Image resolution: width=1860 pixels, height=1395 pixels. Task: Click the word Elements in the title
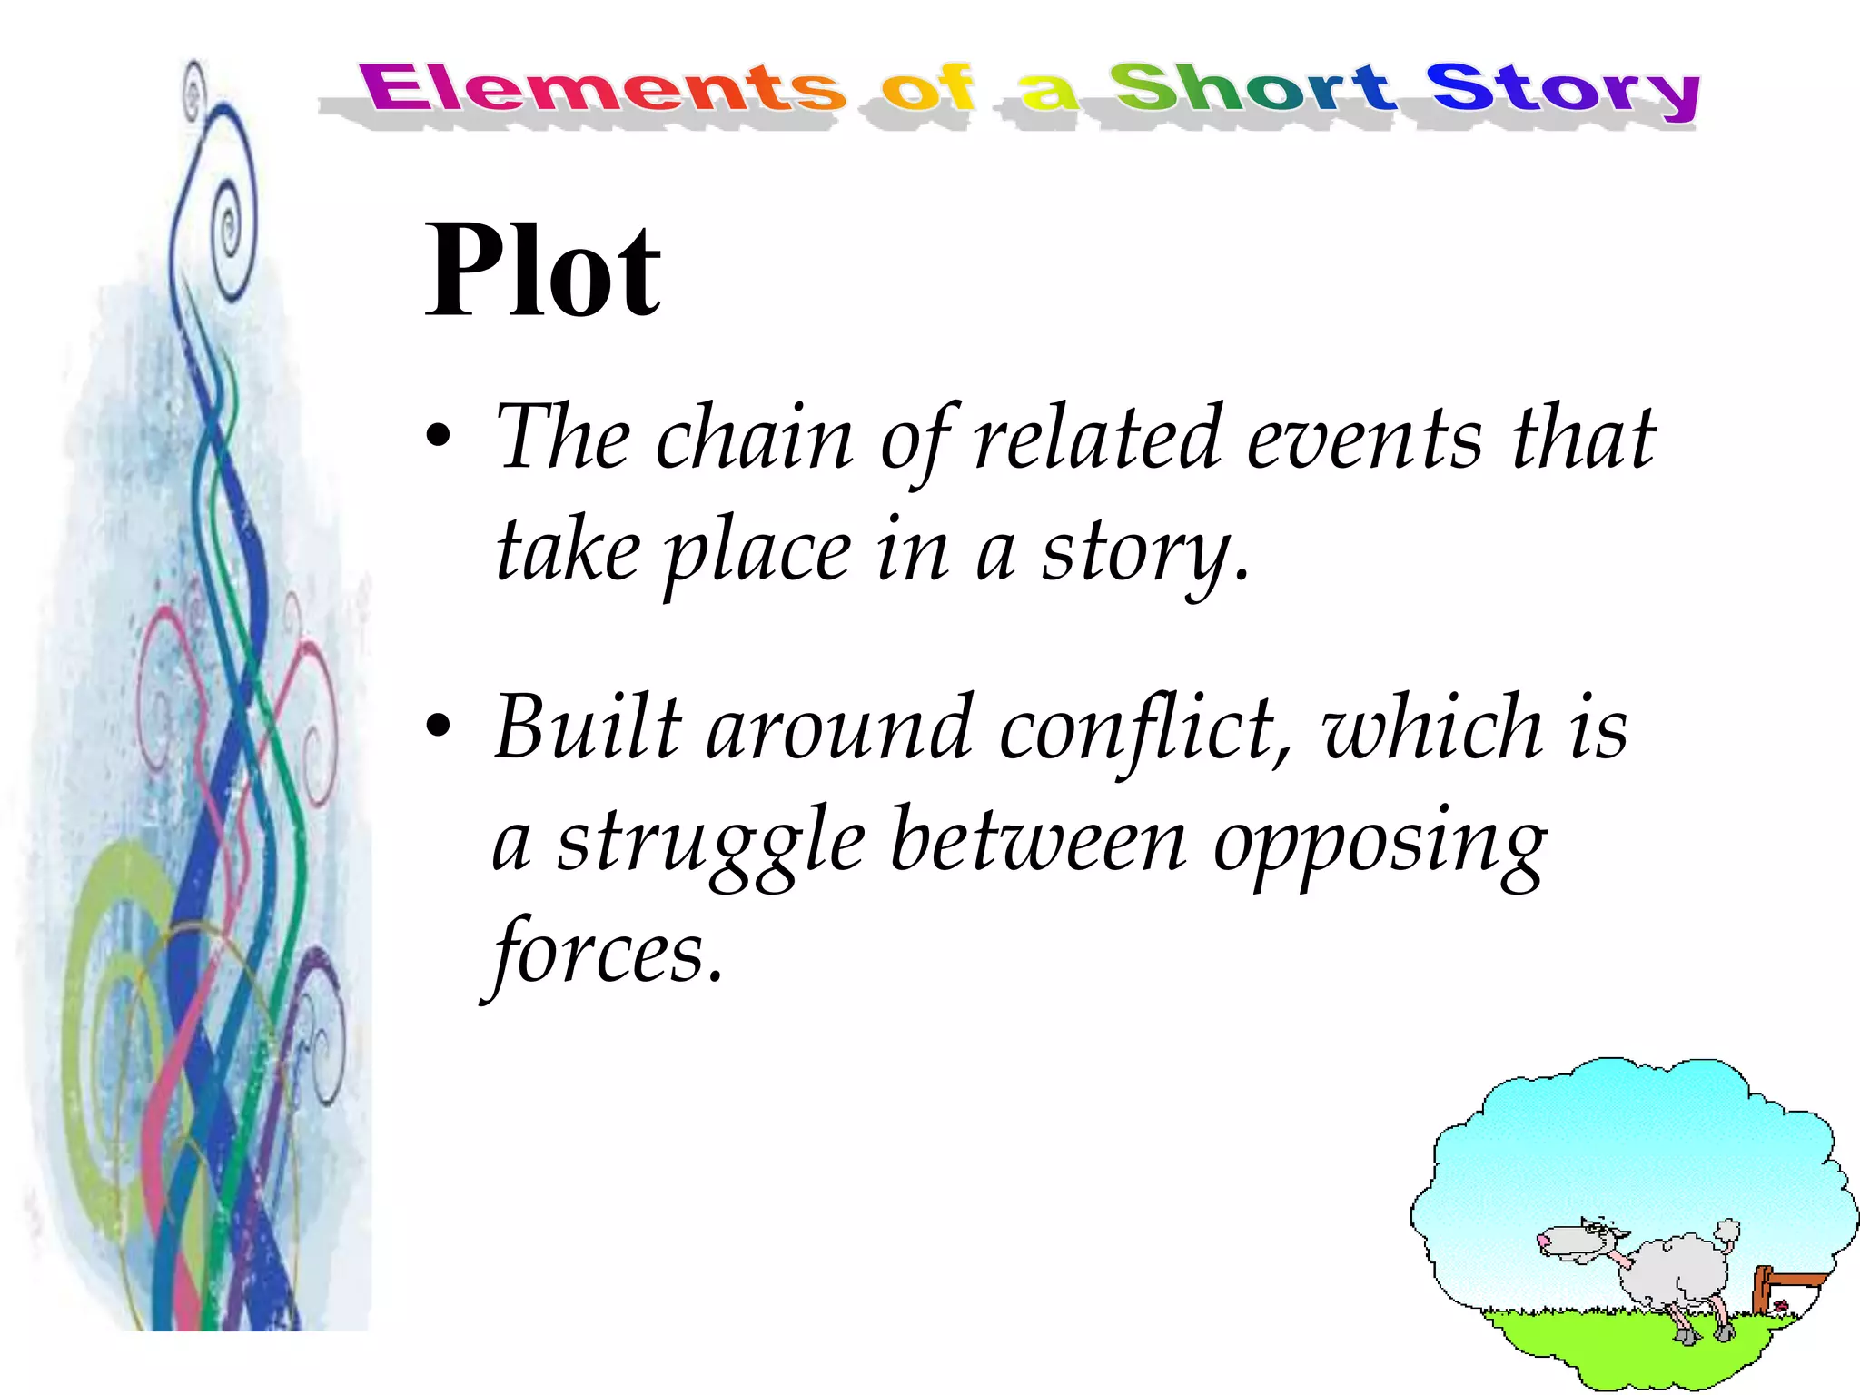(602, 89)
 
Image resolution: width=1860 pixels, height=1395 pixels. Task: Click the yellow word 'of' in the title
(927, 89)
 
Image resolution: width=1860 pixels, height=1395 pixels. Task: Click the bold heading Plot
(543, 271)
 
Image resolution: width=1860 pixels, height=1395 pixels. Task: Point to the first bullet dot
(439, 437)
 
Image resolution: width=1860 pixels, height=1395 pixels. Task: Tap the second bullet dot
(439, 727)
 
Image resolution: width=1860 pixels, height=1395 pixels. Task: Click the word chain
(755, 440)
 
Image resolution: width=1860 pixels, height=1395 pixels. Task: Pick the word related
(1097, 438)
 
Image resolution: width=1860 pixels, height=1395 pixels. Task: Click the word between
(1038, 841)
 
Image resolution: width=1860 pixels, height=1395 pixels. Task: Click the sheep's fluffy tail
(1726, 1232)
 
